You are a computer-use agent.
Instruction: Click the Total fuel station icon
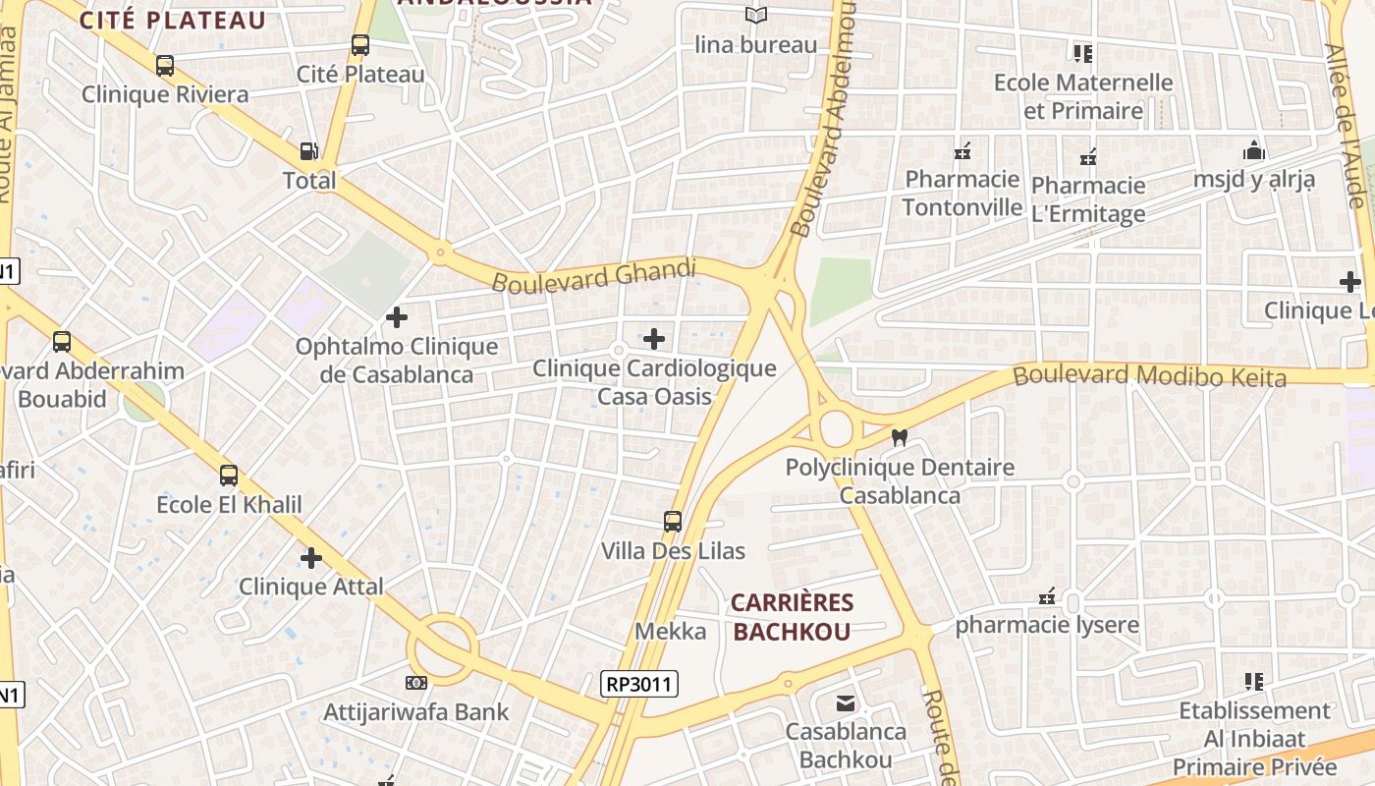(x=308, y=151)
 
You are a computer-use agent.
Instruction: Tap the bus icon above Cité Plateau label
(x=360, y=45)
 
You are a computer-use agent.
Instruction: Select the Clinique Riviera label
(x=165, y=95)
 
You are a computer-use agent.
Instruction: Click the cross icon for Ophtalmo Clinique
(x=397, y=317)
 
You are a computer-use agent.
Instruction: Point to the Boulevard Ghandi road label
(x=593, y=275)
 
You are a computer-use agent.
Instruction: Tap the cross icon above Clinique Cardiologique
(x=653, y=340)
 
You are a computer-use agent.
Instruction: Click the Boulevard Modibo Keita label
(x=1148, y=375)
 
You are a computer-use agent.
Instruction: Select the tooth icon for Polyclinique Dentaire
(x=899, y=438)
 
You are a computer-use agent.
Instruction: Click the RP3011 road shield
(x=640, y=683)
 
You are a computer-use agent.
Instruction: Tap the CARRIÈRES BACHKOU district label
(x=792, y=617)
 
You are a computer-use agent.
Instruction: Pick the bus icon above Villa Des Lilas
(x=673, y=522)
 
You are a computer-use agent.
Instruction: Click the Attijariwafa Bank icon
(x=416, y=682)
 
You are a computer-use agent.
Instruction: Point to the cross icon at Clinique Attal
(x=311, y=558)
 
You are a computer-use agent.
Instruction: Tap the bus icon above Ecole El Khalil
(x=229, y=476)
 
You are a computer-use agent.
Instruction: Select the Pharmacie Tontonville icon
(x=962, y=152)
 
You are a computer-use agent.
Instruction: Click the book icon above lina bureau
(x=755, y=16)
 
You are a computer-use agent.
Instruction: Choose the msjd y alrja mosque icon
(x=1254, y=151)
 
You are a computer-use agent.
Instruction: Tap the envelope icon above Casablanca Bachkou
(x=845, y=703)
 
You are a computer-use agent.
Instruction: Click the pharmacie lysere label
(x=1047, y=625)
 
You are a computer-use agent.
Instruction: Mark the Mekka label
(x=671, y=631)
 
